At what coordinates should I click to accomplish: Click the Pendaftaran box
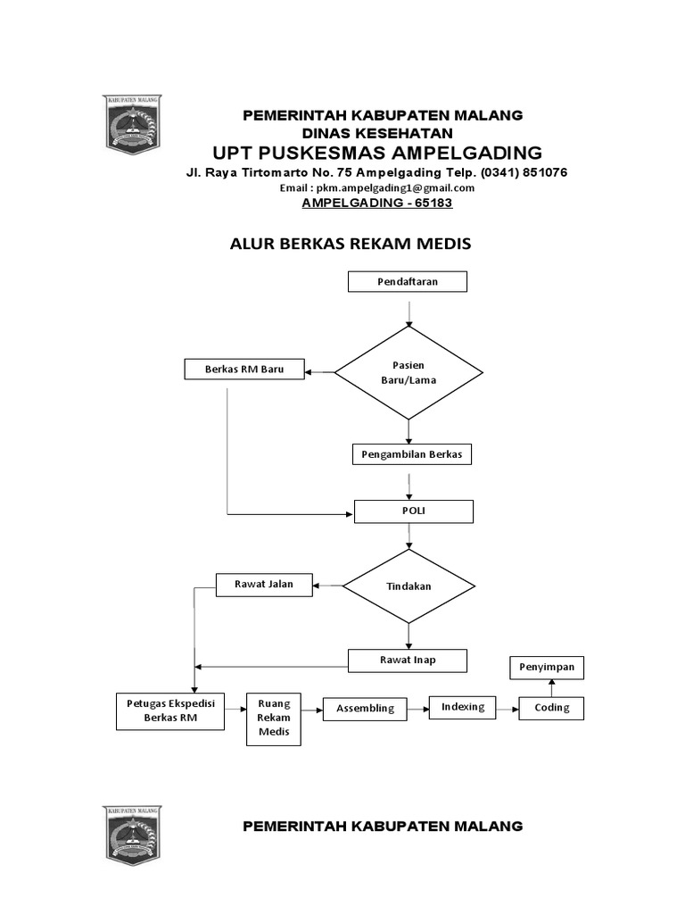pos(408,282)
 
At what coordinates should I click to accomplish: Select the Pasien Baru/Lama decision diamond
pos(408,372)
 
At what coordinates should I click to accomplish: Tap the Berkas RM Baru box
pos(243,369)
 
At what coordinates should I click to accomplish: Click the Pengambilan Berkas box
pos(411,454)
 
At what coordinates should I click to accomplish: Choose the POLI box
pos(414,511)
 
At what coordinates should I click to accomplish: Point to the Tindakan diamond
pos(409,586)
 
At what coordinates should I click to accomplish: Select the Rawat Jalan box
pos(265,586)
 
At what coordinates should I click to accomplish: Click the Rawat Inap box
pos(407,661)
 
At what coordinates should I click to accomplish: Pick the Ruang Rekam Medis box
pos(275,718)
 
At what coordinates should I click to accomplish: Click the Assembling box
pos(365,709)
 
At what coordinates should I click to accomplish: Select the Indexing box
pos(462,707)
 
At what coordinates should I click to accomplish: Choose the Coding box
pos(551,709)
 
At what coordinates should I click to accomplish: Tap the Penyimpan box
pos(547,667)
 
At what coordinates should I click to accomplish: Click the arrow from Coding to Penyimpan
pos(551,687)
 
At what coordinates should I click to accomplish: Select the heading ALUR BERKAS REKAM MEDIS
pos(350,244)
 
